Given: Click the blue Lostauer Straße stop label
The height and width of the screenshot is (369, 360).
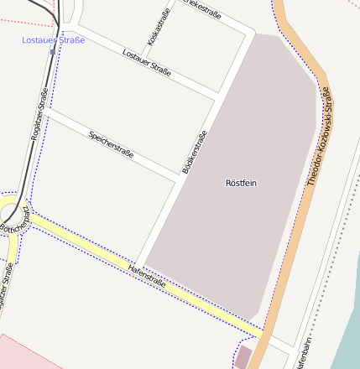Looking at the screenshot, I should click(x=53, y=40).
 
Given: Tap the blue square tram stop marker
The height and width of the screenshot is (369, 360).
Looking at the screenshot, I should click(x=53, y=52).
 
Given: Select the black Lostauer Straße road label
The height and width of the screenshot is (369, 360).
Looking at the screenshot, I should click(x=147, y=63).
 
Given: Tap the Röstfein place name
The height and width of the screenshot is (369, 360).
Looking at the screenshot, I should click(x=242, y=183).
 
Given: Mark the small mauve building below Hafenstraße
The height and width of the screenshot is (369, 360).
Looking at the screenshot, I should click(x=243, y=357).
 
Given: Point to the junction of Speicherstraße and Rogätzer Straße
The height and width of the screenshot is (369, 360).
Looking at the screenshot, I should click(x=50, y=108).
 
